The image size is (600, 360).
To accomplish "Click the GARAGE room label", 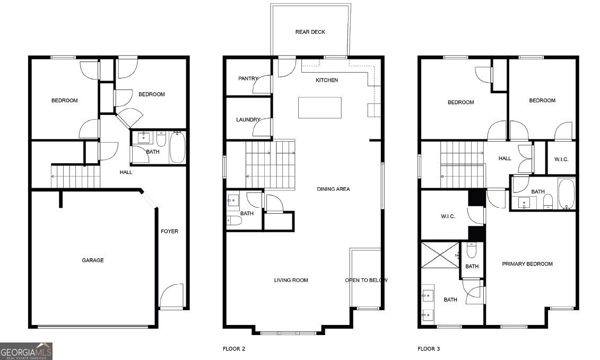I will coord(92,260).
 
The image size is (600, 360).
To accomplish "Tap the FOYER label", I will coord(170,231).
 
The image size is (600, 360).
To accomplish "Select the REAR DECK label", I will coord(310,32).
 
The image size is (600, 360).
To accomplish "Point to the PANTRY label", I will coord(248,78).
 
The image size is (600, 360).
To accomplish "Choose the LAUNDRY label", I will coord(248,120).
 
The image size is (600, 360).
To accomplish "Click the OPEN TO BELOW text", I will coord(366,280).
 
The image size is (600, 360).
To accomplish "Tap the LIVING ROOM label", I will coord(291,280).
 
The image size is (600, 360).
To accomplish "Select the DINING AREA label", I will coord(333,189).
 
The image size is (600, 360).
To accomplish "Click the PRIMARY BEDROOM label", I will coord(527,264).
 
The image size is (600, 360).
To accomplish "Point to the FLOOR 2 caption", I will coord(234,349).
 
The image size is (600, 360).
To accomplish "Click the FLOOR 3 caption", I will coord(428,349).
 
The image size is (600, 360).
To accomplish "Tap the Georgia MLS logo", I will coord(26,351).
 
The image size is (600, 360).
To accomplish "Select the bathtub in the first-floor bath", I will coord(177,147).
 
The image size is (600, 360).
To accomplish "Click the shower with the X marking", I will coord(440,254).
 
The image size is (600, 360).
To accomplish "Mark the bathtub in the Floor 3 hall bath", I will coord(566,194).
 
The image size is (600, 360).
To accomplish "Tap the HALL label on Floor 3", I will coord(505,158).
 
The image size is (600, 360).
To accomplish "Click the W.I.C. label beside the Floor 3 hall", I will coord(561,159).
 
